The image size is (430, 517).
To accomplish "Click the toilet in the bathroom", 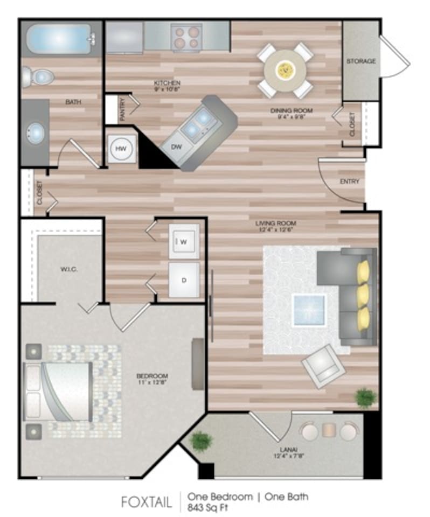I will (38, 79).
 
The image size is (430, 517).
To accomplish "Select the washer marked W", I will (184, 242).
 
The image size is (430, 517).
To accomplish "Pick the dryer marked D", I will (184, 280).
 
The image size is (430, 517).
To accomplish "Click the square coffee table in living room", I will (309, 310).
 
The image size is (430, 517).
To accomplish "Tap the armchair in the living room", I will (323, 366).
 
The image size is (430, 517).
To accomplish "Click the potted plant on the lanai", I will (202, 441).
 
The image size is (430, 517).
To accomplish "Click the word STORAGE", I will (360, 61).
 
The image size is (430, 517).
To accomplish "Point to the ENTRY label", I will (349, 181).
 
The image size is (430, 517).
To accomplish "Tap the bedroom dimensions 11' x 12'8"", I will (152, 383).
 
